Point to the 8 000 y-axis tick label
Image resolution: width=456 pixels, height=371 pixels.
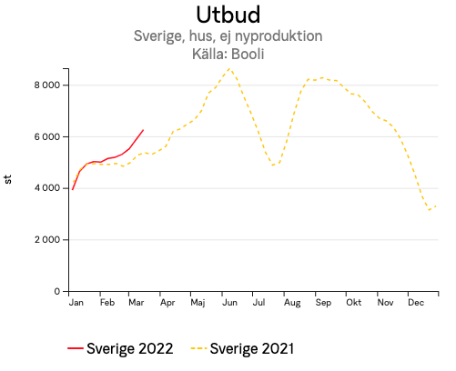[46, 85]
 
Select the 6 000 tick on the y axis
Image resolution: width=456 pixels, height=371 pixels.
[46, 137]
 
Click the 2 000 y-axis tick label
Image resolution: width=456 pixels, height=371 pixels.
[46, 240]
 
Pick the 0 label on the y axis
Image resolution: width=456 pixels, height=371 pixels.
[56, 292]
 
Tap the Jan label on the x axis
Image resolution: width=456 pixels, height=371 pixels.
[76, 302]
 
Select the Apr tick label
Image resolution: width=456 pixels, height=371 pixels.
[167, 302]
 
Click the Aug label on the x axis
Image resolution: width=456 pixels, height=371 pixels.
[291, 302]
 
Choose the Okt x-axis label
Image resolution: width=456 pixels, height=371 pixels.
[353, 302]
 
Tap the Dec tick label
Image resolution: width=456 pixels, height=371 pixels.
[417, 302]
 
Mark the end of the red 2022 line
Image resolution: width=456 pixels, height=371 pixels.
[143, 130]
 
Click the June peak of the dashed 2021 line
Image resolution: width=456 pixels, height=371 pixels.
[229, 68]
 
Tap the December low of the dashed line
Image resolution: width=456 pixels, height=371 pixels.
[430, 210]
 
